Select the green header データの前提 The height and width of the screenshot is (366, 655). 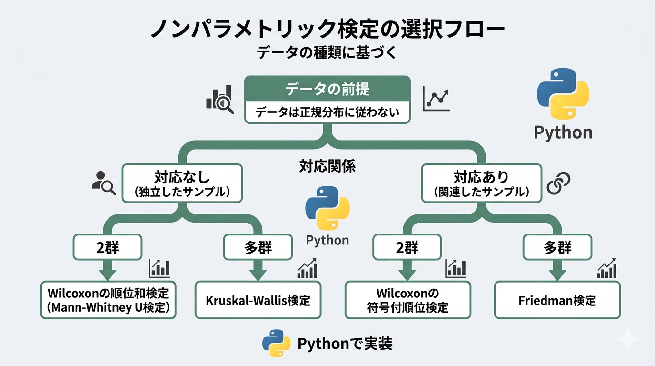(327, 89)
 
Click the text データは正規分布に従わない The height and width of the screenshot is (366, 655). (327, 113)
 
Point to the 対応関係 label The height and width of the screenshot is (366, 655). (327, 166)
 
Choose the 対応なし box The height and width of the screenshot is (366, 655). (182, 183)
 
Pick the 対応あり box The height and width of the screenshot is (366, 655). (482, 183)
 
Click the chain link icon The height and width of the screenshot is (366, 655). (558, 183)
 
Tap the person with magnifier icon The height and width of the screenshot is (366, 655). (104, 183)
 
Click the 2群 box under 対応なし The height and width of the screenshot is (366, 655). (108, 247)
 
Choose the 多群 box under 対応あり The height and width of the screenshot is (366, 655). (557, 247)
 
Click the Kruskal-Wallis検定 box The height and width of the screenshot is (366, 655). (258, 300)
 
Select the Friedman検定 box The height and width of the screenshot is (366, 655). (557, 300)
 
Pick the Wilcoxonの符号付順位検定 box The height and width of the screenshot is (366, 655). (407, 300)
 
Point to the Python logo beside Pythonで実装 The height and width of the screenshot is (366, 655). (276, 344)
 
